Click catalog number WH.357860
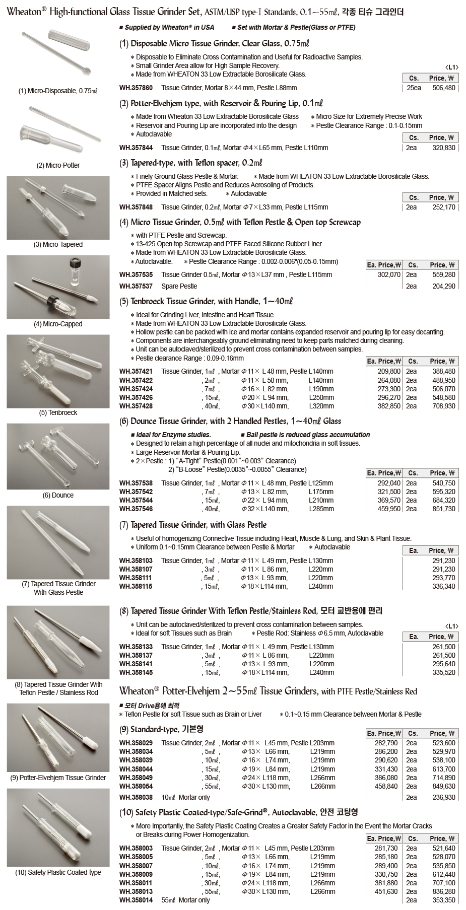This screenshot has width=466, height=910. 136,88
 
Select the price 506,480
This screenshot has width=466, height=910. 443,88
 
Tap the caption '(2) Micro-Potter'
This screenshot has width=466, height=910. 58,165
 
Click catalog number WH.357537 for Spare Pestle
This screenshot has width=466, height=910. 136,286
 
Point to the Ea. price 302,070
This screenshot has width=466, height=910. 389,275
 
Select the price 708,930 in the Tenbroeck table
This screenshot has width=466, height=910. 443,406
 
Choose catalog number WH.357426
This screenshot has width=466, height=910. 136,397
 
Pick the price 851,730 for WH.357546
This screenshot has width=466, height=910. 443,509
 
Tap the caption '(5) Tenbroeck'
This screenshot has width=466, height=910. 58,412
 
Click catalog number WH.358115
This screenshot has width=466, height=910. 136,586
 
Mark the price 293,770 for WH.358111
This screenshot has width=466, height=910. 443,578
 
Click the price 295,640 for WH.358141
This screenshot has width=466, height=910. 443,664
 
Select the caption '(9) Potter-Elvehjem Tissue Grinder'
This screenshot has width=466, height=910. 58,778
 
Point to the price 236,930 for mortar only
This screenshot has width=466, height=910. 443,797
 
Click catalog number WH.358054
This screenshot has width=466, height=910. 136,786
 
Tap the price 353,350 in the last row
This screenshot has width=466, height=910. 443,900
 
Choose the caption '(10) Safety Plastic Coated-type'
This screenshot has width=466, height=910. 58,872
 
